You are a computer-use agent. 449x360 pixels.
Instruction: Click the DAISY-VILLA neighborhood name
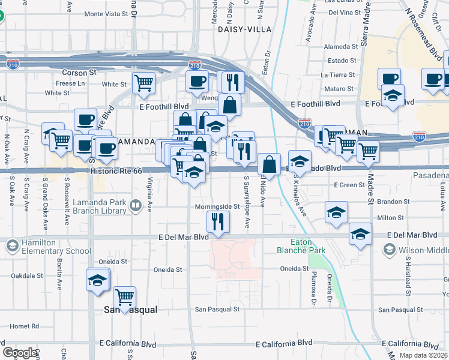[244, 29]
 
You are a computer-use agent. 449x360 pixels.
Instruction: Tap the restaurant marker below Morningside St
[218, 222]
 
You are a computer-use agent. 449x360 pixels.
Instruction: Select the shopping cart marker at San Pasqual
[124, 298]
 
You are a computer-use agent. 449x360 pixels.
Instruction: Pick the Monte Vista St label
[106, 13]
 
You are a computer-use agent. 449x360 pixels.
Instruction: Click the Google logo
[20, 353]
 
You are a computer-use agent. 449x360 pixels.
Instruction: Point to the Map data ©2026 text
[423, 355]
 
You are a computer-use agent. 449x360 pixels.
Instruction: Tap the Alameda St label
[340, 46]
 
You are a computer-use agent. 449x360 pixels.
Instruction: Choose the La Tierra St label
[339, 75]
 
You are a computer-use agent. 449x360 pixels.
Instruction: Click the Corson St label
[84, 72]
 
